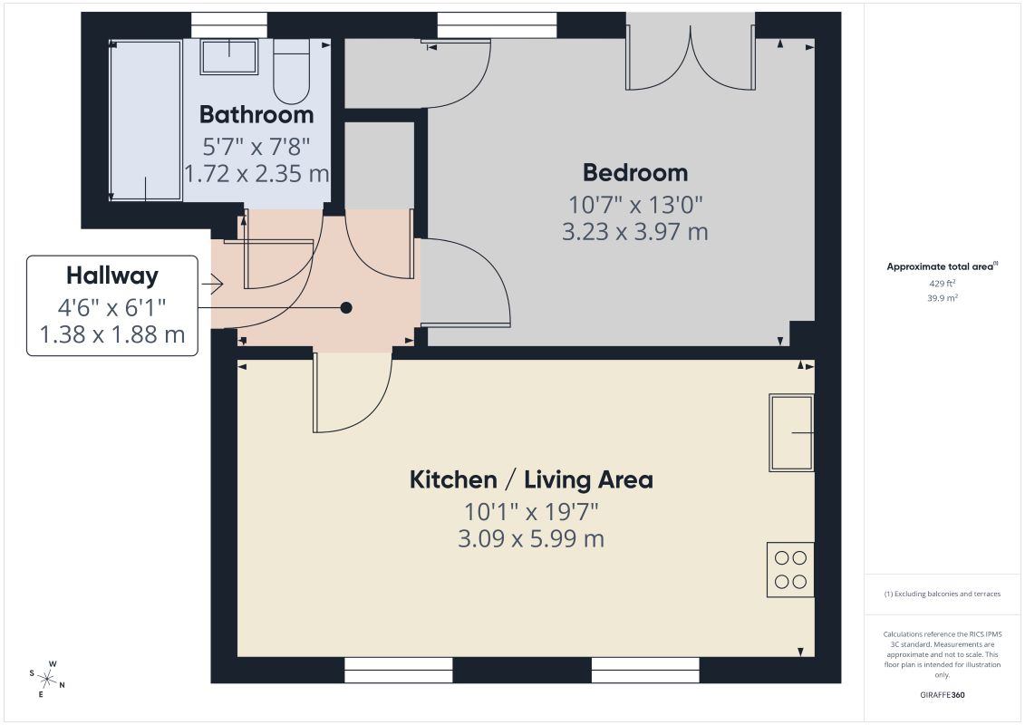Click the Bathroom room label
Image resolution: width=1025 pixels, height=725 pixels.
(256, 114)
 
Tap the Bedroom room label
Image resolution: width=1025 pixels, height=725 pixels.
(635, 172)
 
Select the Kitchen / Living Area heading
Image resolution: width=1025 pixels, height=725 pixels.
(531, 479)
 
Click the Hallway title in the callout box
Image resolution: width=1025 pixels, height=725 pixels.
(111, 275)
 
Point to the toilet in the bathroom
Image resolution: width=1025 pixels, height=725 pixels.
(291, 72)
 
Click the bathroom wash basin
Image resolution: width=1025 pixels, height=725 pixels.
(228, 57)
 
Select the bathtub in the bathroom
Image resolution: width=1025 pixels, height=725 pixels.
(146, 121)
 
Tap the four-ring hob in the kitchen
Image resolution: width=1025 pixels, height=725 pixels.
(790, 569)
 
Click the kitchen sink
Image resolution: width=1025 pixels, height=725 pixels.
(791, 432)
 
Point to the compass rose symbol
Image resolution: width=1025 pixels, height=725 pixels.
(47, 679)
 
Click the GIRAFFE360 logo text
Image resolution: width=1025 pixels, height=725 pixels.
(942, 695)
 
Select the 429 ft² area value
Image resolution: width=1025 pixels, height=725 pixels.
(942, 283)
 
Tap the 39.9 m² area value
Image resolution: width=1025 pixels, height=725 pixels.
(942, 298)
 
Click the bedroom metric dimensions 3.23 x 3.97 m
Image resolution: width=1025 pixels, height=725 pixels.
(635, 231)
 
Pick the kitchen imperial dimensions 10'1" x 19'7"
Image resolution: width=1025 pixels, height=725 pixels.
(531, 511)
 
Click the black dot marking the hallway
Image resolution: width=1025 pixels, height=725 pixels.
(346, 308)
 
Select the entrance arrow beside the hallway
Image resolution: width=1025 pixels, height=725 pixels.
(212, 284)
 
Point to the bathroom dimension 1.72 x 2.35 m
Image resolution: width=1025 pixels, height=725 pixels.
(256, 173)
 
